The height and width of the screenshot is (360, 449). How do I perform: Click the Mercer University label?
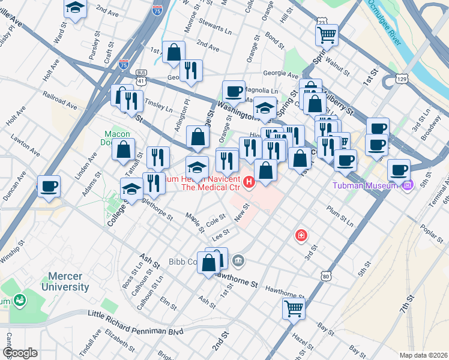pyautogui.click(x=65, y=282)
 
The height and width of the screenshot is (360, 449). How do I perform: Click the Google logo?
pyautogui.click(x=20, y=353)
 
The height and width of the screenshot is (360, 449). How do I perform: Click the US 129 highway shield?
pyautogui.click(x=402, y=79)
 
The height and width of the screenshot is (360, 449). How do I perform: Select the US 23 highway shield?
pyautogui.click(x=322, y=22)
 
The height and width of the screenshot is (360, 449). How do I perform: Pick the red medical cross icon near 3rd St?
pyautogui.click(x=301, y=236)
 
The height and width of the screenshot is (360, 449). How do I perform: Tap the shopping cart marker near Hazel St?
pyautogui.click(x=294, y=309)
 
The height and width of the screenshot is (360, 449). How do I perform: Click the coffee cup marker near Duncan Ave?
pyautogui.click(x=49, y=185)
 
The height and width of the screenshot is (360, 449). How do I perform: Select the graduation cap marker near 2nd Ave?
pyautogui.click(x=75, y=8)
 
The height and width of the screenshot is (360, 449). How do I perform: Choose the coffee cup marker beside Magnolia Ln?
pyautogui.click(x=234, y=91)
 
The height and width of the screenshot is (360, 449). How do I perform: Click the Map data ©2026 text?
pyautogui.click(x=423, y=355)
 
